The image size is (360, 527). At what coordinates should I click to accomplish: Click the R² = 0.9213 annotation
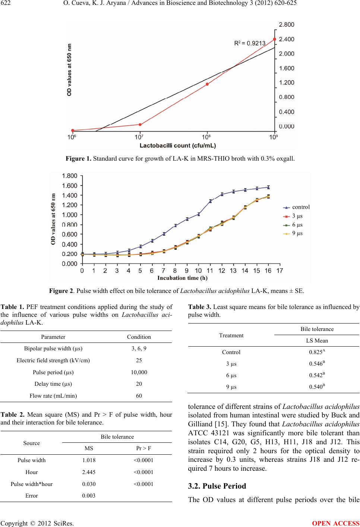pos(249,43)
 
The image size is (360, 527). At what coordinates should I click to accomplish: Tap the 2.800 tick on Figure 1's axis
pos(287,25)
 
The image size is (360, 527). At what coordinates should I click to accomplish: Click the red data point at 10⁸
pos(207,84)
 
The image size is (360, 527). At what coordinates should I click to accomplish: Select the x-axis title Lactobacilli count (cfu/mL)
pos(178,145)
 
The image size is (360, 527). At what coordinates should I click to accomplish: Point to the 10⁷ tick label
pos(140,137)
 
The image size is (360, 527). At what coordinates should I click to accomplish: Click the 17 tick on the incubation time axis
pos(280,271)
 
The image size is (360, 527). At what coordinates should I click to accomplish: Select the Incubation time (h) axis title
pos(182,278)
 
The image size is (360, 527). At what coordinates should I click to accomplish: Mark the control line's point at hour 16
pos(268,187)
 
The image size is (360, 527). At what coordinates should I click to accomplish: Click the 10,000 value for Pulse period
pos(139,372)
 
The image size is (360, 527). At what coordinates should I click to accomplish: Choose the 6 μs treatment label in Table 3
pos(231,376)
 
